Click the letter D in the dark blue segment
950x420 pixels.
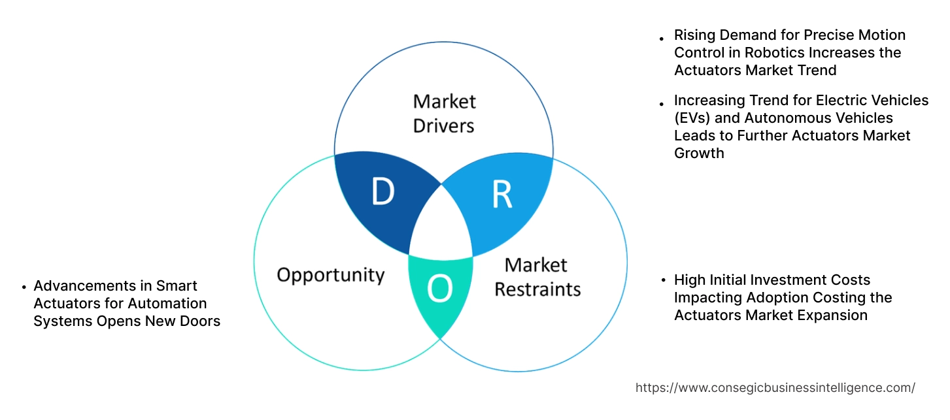[x=382, y=192]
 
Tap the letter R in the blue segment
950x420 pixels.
[x=501, y=194]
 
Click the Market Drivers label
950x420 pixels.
[x=444, y=113]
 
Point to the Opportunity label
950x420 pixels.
[x=330, y=274]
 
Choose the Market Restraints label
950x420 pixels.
[x=537, y=277]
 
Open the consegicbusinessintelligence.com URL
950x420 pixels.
[x=775, y=387]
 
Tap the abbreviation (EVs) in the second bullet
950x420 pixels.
[x=692, y=118]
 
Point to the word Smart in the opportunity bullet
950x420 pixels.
[x=179, y=286]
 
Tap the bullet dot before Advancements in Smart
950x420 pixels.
[x=24, y=287]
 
